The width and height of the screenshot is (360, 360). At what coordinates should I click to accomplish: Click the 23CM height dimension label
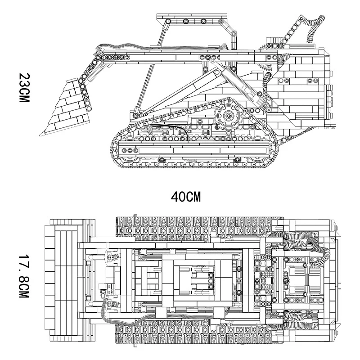pos(24,88)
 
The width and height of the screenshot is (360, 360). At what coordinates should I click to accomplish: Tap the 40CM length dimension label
pos(186,197)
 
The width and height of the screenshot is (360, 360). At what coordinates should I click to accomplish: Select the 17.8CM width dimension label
pos(24,276)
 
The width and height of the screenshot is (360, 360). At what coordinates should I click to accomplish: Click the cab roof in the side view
pos(192,16)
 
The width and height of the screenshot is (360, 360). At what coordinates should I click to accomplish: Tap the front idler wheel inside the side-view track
pos(129,154)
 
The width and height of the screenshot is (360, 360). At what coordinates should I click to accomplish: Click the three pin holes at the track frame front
pos(130,151)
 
